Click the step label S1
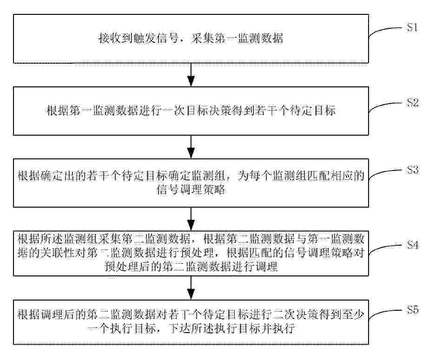click(413, 27)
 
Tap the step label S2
click(413, 103)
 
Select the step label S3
click(413, 170)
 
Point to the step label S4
click(413, 244)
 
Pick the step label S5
click(413, 309)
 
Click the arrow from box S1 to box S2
click(191, 74)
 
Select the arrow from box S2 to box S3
click(191, 147)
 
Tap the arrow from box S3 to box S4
click(191, 219)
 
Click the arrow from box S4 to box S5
click(191, 288)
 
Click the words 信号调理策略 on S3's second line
click(191, 190)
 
